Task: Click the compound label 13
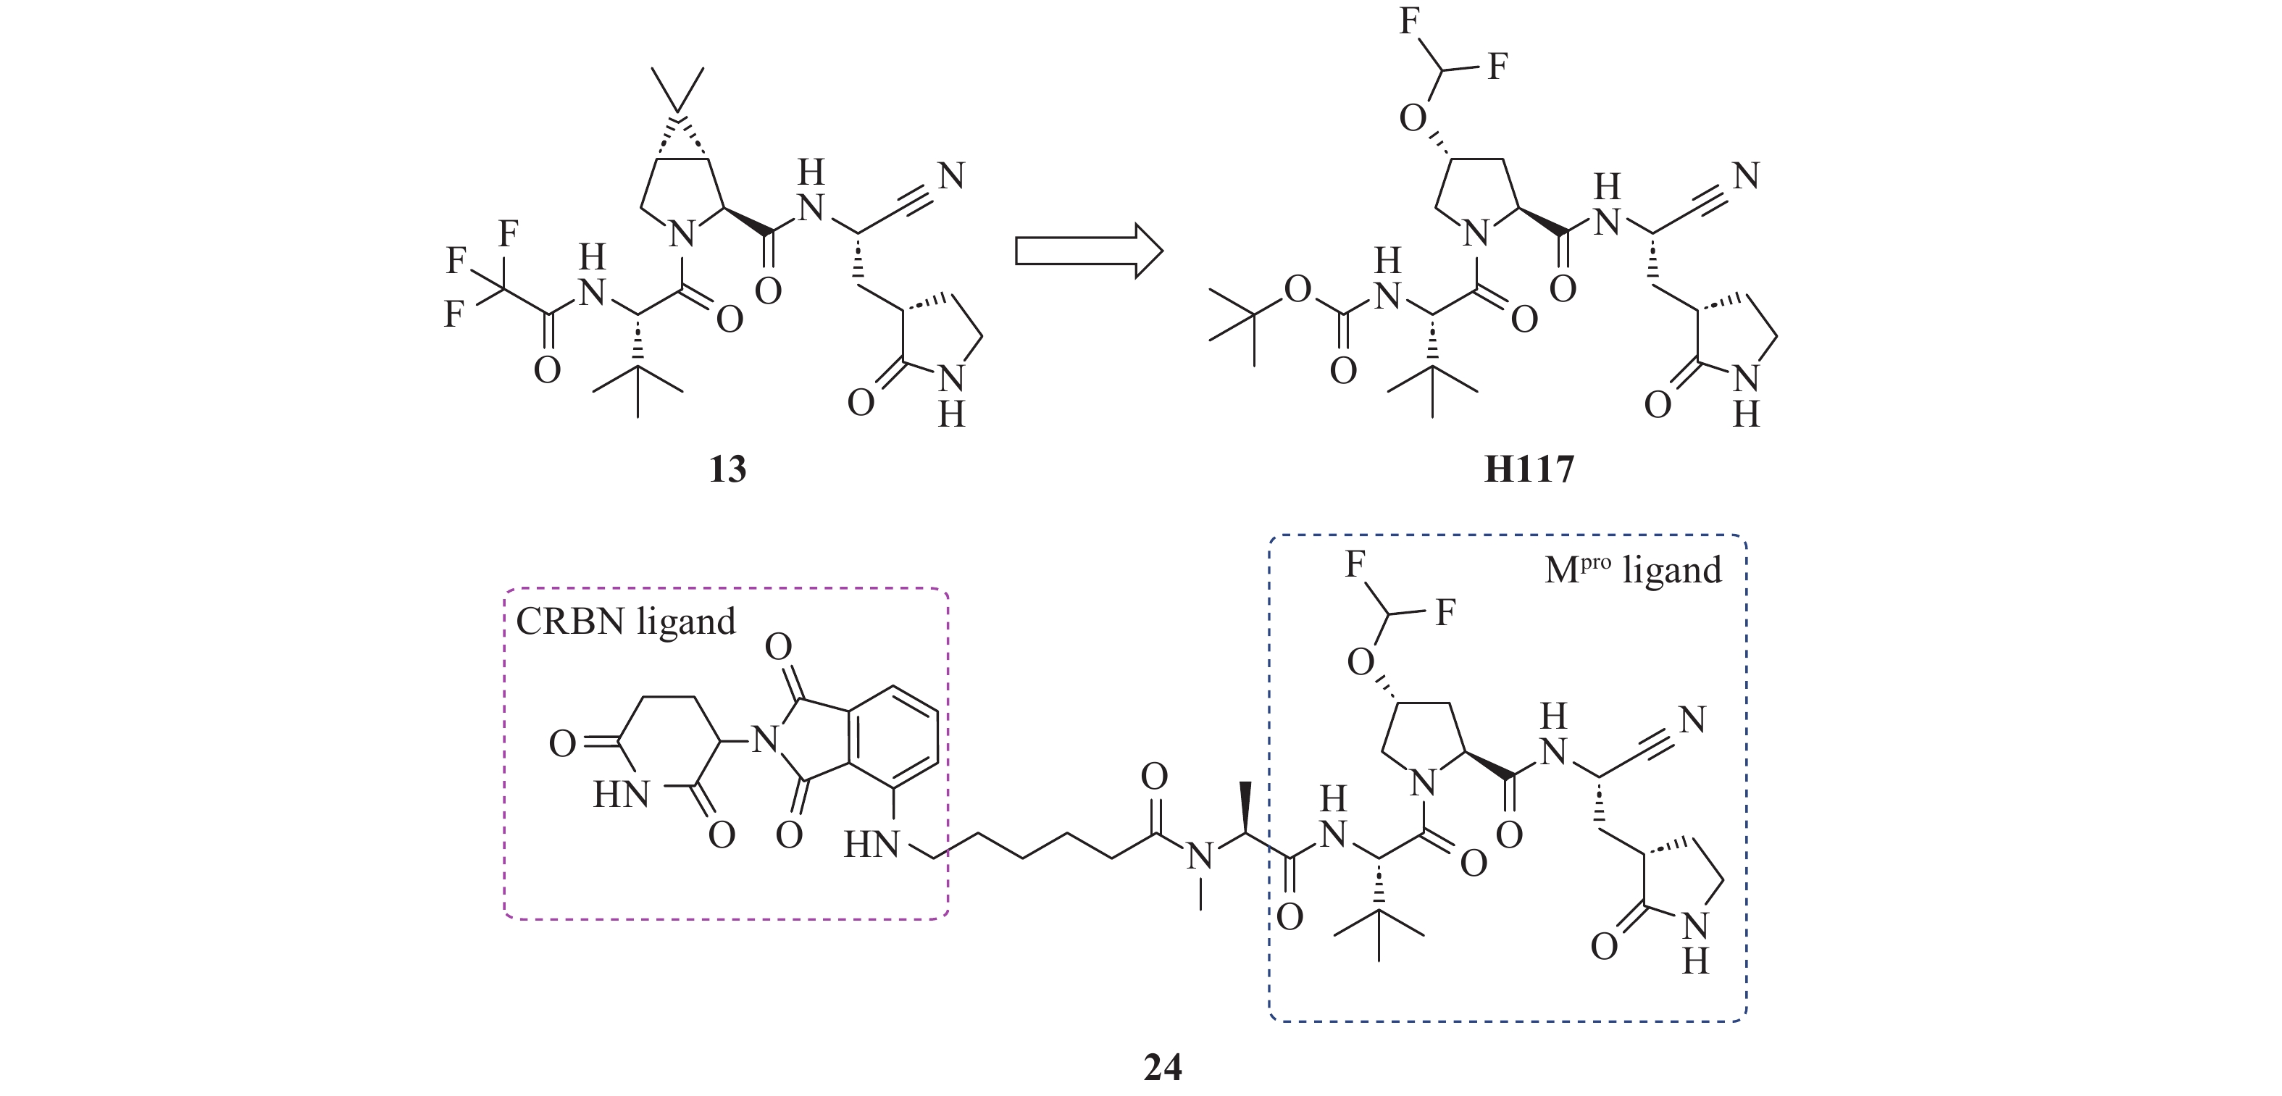click(x=727, y=469)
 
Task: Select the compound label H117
click(x=1529, y=469)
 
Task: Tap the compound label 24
click(x=1162, y=1067)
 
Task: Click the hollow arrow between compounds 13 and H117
click(x=1088, y=251)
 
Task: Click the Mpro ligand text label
click(x=1633, y=569)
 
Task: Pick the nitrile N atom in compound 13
click(x=950, y=176)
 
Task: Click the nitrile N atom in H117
click(x=1745, y=176)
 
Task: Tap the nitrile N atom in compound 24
click(x=1692, y=719)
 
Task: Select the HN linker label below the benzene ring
click(x=872, y=845)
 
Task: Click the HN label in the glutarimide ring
click(x=621, y=795)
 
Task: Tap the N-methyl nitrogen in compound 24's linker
click(x=1200, y=856)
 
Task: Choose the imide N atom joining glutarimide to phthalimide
click(x=764, y=738)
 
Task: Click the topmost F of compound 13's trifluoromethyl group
click(x=509, y=234)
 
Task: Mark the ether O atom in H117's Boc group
click(x=1297, y=289)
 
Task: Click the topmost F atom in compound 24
click(x=1355, y=564)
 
